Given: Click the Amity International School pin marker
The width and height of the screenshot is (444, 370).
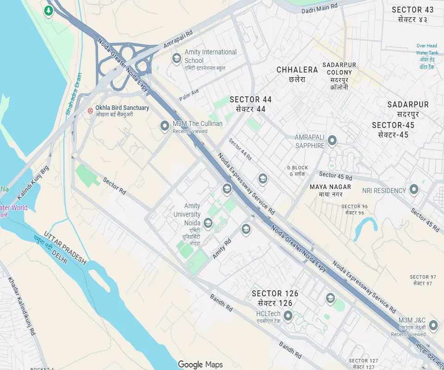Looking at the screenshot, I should (x=176, y=58).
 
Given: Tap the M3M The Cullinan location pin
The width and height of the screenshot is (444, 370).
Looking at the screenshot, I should (x=165, y=126).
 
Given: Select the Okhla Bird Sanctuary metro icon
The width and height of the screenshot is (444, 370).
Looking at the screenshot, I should (x=90, y=111).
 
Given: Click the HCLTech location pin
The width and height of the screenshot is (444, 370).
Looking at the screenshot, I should (x=288, y=316).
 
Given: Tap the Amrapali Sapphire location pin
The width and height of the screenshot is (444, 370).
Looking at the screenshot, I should (x=332, y=141).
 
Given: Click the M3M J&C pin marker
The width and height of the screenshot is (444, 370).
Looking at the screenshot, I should (x=433, y=325).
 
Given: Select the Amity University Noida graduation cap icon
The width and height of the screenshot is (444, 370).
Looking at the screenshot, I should (x=208, y=224).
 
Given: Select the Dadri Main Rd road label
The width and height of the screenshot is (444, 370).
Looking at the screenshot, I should (x=320, y=8).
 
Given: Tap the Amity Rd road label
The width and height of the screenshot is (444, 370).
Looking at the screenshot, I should (x=222, y=249).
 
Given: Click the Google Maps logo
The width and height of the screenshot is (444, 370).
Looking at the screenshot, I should (x=201, y=364).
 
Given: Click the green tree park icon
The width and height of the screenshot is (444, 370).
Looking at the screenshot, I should (x=49, y=11).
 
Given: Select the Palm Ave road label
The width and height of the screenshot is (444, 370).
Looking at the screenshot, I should (x=189, y=95).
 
